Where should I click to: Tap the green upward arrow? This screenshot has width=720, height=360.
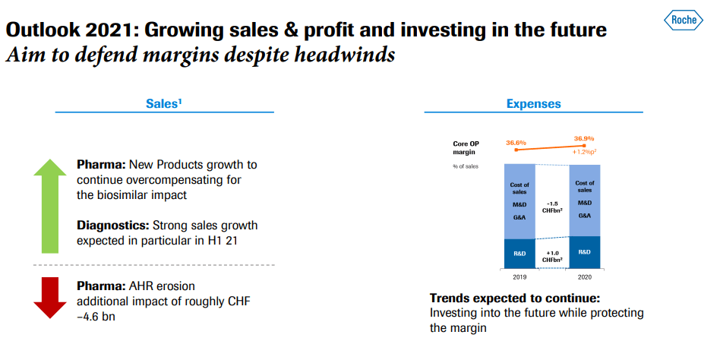click(51, 204)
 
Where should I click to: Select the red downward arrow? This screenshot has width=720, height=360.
click(51, 297)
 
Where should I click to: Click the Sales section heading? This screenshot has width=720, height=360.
click(163, 103)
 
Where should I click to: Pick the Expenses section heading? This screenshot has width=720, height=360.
click(533, 103)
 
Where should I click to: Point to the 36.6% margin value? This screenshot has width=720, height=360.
click(516, 142)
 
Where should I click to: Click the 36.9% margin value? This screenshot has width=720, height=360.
click(584, 139)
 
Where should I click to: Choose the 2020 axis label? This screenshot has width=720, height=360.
click(584, 277)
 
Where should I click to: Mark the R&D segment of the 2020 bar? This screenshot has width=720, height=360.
click(584, 251)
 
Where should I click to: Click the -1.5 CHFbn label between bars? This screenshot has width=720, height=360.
click(551, 207)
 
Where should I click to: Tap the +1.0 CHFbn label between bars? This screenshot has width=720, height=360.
click(551, 256)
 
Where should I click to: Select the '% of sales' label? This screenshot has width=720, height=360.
click(466, 166)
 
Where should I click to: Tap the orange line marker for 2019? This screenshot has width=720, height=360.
click(516, 150)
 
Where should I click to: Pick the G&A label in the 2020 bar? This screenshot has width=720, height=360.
click(584, 216)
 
